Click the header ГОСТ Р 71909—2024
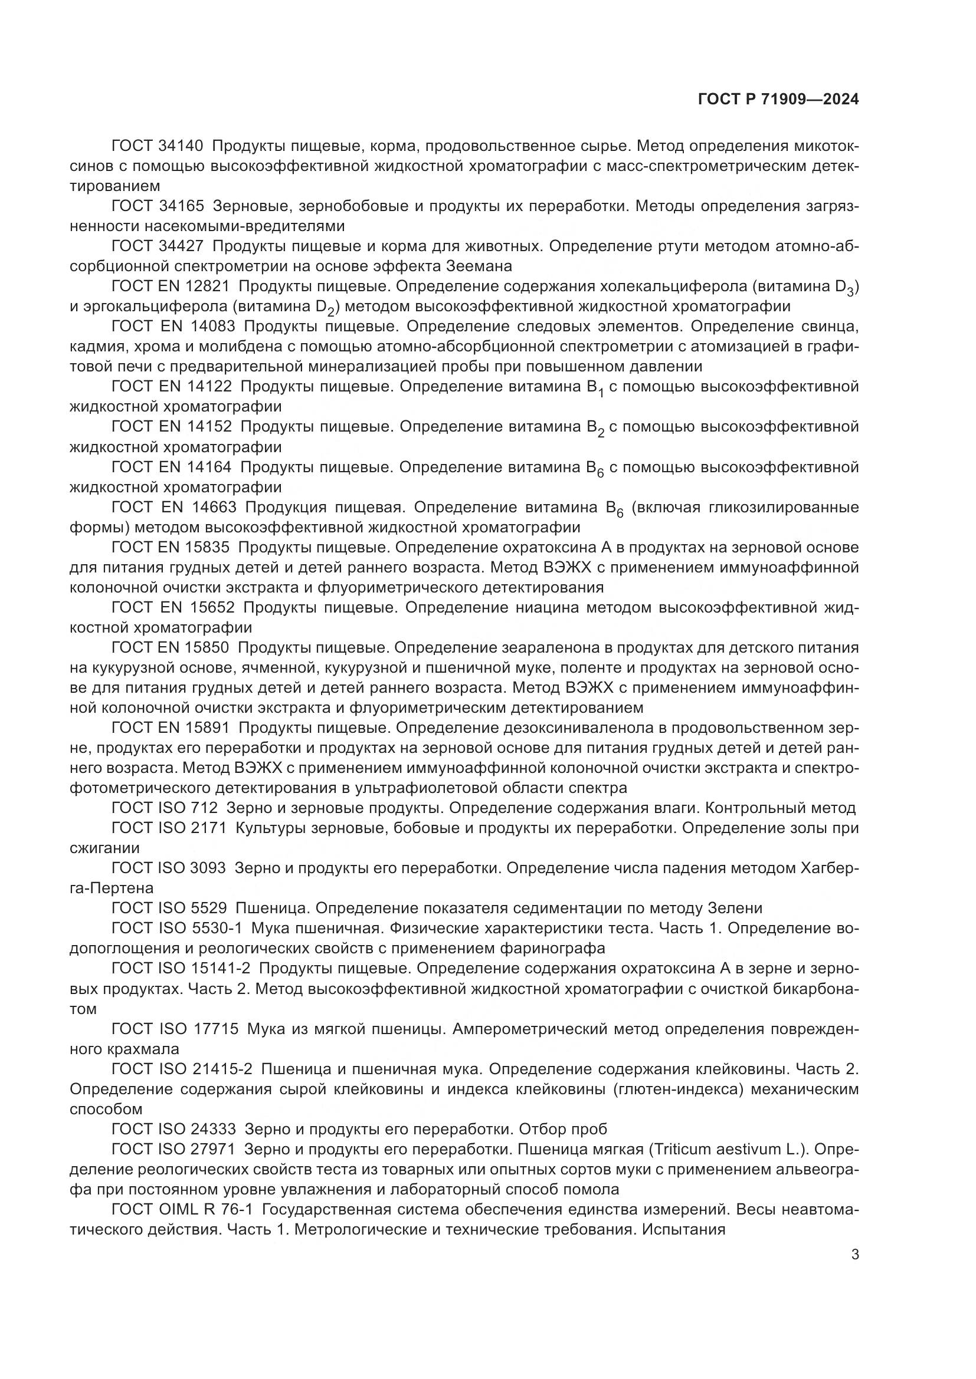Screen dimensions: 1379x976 pyautogui.click(x=778, y=100)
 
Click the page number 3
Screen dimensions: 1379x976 pyautogui.click(x=854, y=1254)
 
